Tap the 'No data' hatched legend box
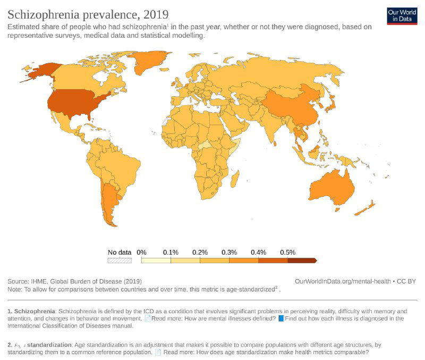[119, 261]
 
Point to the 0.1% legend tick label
[171, 252]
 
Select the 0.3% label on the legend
[229, 252]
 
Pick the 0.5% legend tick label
[287, 252]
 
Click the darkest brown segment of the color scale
[301, 261]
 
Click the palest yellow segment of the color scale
[156, 261]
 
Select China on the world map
[290, 106]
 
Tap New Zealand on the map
[367, 209]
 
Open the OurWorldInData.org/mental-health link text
[343, 281]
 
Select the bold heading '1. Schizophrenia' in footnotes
[31, 311]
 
